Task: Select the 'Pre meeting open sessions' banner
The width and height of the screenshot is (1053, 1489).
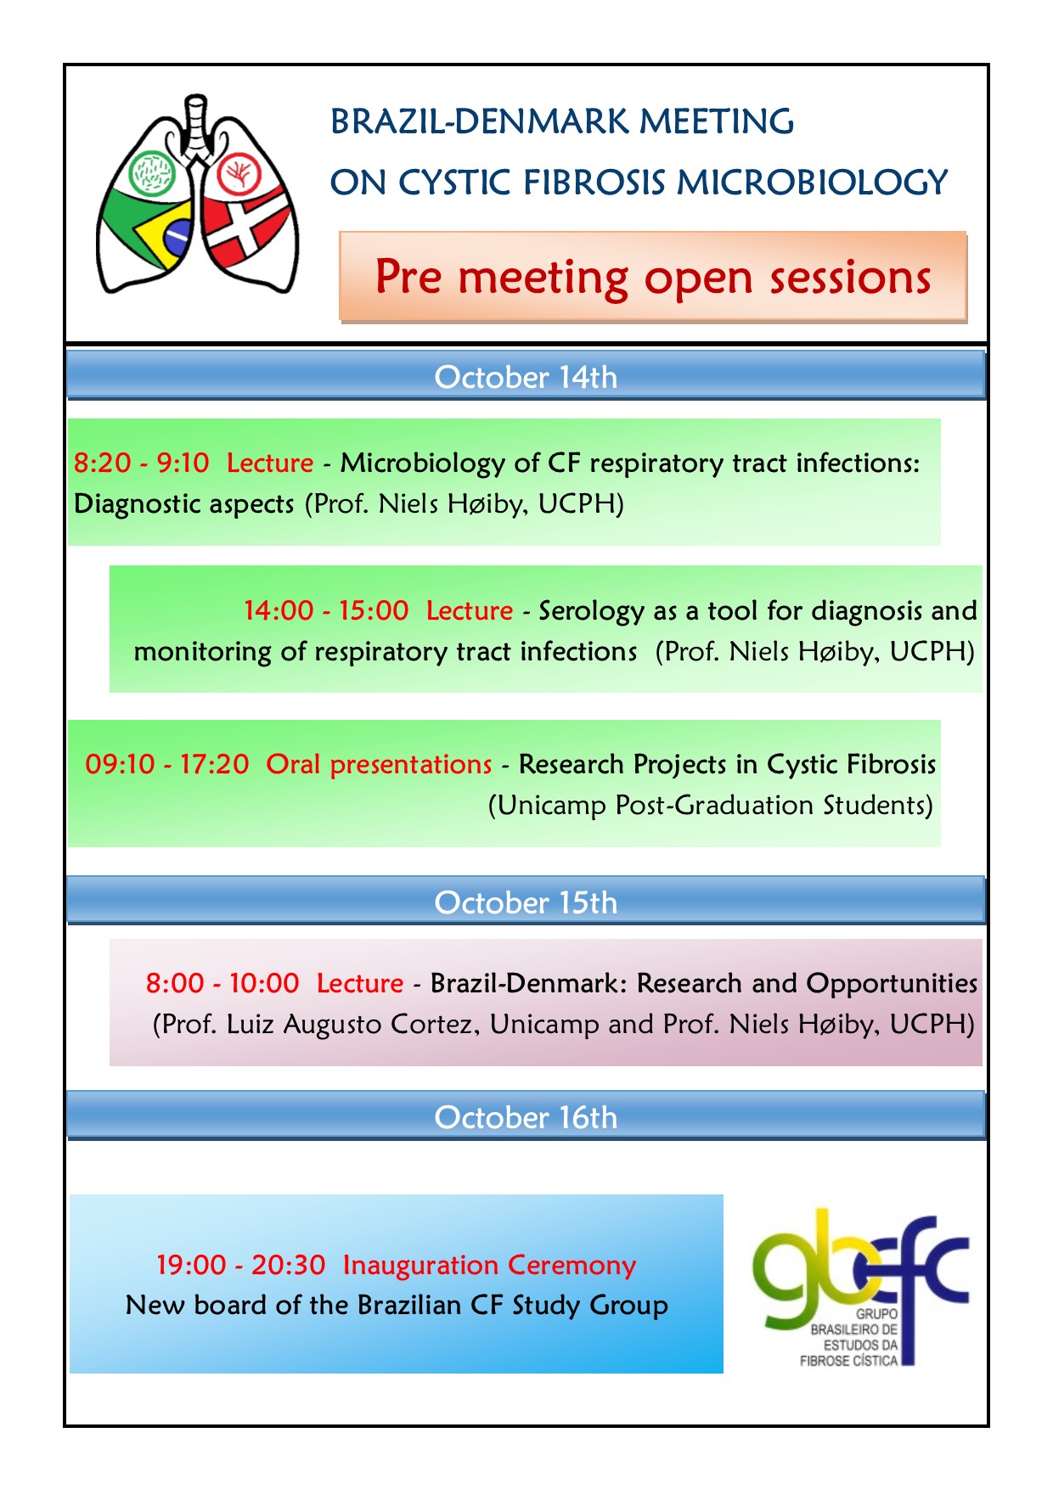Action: pos(652,277)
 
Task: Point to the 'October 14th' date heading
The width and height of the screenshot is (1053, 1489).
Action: pos(526,377)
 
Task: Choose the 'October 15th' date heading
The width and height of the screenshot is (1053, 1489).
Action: pos(526,902)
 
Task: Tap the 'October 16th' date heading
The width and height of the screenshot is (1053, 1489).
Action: pos(526,1117)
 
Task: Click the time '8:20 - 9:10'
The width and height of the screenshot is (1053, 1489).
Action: pos(141,463)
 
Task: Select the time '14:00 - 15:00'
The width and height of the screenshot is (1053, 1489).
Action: pos(326,610)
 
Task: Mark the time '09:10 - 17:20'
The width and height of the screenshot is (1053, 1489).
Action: pos(167,764)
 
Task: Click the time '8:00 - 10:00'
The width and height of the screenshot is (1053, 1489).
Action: pos(222,983)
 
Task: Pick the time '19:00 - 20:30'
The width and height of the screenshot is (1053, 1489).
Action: pos(241,1265)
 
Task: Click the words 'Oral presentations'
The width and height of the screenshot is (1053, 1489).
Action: pos(379,765)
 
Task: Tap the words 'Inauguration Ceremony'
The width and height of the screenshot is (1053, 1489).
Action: pos(490,1266)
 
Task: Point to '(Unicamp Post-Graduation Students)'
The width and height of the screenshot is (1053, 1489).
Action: pos(711,805)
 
